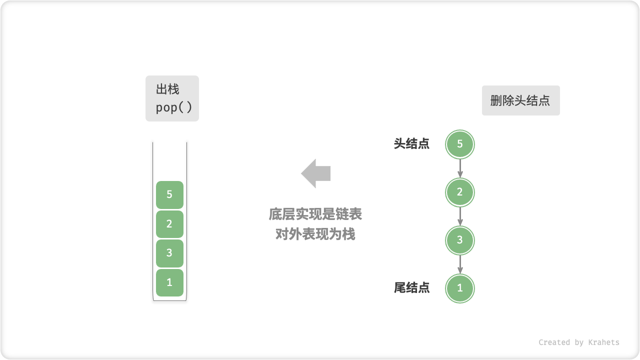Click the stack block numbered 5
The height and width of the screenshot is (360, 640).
pos(169,194)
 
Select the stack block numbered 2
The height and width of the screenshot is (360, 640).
pos(169,224)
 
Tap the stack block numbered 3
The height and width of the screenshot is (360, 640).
pos(169,253)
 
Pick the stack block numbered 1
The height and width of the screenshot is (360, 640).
pos(169,282)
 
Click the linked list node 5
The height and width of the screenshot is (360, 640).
pos(460,144)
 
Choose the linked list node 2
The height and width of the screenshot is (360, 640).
pos(460,192)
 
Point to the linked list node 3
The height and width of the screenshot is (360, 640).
pos(460,240)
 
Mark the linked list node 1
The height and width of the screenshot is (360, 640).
pos(460,288)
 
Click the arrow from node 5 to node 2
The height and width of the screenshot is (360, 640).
pos(460,168)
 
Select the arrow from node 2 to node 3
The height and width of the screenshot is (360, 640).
pos(460,216)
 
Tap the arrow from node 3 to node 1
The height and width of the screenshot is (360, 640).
pos(460,264)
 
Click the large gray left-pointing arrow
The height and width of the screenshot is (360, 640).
pos(316,173)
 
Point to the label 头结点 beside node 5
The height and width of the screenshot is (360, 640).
pos(411,144)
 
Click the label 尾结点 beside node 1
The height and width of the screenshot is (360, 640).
pos(411,288)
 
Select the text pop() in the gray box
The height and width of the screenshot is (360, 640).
pos(173,107)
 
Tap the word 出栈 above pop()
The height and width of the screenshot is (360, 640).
pos(167,89)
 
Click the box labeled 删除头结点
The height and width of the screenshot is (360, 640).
pos(520,100)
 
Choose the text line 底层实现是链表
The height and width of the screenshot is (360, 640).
pos(315,214)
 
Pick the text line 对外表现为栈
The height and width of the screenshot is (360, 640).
pos(315,234)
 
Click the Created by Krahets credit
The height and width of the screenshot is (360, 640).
pos(578,342)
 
